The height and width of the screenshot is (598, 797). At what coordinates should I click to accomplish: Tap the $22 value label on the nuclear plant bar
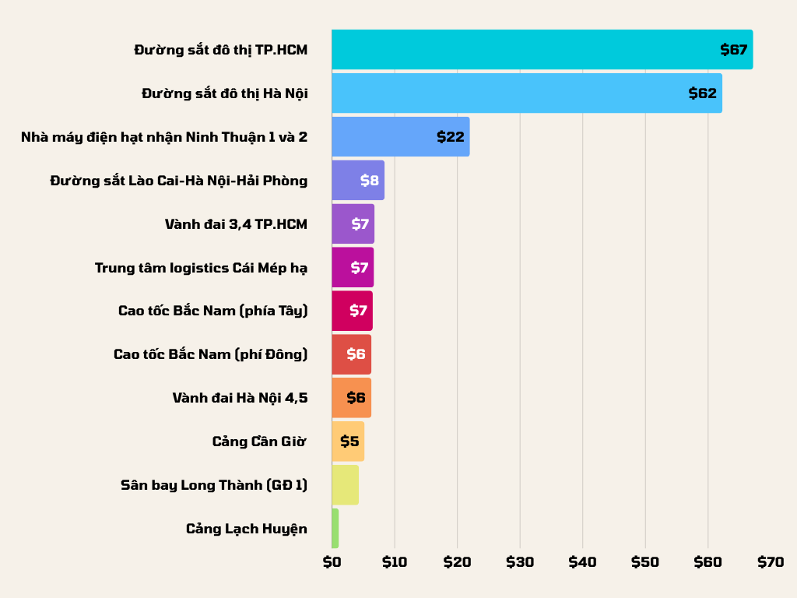pyautogui.click(x=451, y=137)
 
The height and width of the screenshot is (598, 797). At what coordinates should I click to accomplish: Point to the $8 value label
pyautogui.click(x=370, y=181)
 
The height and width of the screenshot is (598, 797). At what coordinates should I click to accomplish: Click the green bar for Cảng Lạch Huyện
pyautogui.click(x=335, y=529)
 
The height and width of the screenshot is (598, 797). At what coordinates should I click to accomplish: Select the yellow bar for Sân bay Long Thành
pyautogui.click(x=345, y=485)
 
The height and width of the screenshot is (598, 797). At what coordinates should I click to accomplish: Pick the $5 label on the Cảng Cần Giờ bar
pyautogui.click(x=349, y=441)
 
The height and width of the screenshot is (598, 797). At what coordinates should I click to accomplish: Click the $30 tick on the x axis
pyautogui.click(x=520, y=562)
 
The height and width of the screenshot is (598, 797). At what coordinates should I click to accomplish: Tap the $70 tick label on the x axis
pyautogui.click(x=771, y=562)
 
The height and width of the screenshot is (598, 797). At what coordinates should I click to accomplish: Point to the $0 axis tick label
pyautogui.click(x=332, y=562)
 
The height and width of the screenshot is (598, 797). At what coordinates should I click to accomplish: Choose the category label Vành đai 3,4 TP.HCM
pyautogui.click(x=236, y=224)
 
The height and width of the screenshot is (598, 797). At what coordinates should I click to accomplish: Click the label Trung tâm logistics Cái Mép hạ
pyautogui.click(x=201, y=268)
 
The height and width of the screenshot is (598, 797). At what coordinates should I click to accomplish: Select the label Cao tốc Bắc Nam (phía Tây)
pyautogui.click(x=212, y=311)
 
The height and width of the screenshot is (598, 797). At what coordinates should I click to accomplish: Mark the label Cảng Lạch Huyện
pyautogui.click(x=246, y=529)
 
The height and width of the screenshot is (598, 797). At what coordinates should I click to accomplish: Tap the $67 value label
pyautogui.click(x=734, y=50)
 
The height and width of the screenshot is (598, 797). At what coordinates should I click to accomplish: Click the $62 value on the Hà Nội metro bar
pyautogui.click(x=702, y=93)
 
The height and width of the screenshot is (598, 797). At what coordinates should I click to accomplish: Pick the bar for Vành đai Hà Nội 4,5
pyautogui.click(x=351, y=398)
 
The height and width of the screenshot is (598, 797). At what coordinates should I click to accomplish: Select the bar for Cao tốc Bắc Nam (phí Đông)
pyautogui.click(x=351, y=354)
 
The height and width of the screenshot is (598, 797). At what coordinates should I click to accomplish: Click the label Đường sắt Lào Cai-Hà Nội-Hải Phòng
pyautogui.click(x=178, y=181)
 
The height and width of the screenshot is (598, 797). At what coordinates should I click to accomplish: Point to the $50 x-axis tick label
pyautogui.click(x=645, y=562)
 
